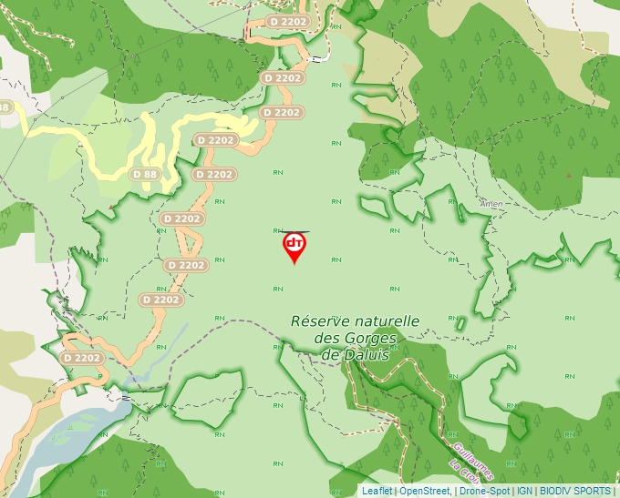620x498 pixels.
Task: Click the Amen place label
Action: point(490,205)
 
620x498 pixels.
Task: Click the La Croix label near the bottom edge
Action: point(462,475)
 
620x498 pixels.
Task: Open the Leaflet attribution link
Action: point(377,491)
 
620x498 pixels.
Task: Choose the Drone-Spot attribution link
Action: point(483,491)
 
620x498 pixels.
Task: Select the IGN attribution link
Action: point(524,491)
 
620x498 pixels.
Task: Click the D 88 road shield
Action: point(146,174)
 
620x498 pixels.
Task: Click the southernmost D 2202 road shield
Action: point(82,358)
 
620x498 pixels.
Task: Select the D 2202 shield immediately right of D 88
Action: point(214,174)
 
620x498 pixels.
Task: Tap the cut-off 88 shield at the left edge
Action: point(5,107)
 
